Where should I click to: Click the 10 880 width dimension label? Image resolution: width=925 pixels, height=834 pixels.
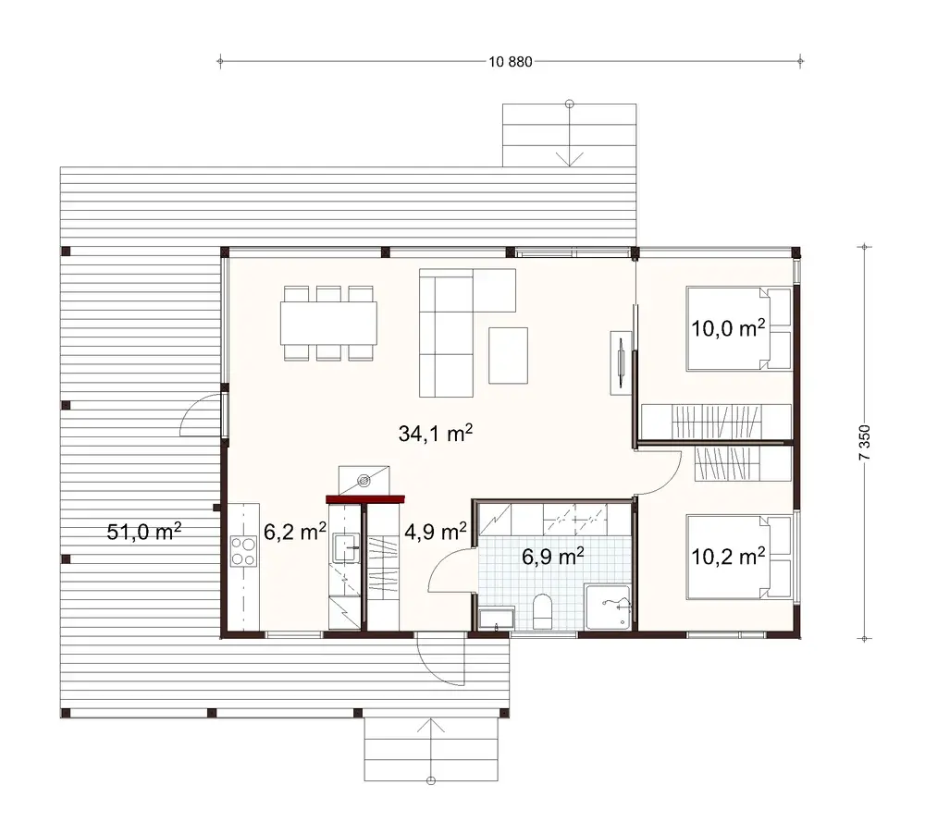(509, 63)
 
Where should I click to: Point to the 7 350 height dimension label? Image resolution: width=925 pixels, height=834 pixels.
(866, 443)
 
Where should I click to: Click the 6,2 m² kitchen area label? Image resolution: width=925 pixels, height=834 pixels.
(294, 532)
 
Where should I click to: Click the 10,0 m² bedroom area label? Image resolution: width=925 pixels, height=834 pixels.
(729, 327)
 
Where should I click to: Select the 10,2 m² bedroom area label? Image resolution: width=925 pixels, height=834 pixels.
(729, 556)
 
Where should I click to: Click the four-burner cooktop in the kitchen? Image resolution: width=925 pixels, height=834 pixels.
(243, 551)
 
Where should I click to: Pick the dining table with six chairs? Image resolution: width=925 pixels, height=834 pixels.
(329, 323)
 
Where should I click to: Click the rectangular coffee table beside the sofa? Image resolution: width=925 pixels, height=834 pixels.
(508, 355)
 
